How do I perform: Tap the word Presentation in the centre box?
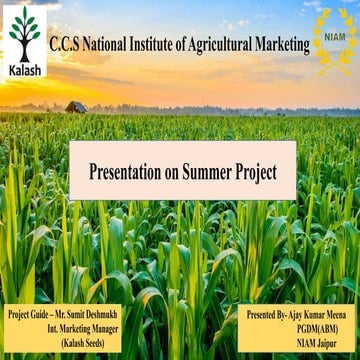coord(126,171)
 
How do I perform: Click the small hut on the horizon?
coord(76,106)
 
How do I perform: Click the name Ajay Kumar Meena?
coord(316,313)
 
